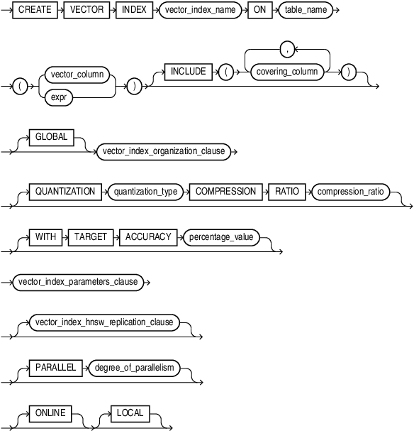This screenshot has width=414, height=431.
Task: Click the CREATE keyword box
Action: (x=35, y=10)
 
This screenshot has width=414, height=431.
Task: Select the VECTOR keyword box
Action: (x=86, y=10)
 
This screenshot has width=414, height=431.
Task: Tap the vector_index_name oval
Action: (x=200, y=10)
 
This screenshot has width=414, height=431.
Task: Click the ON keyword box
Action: (x=259, y=10)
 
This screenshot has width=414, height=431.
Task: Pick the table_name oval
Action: (x=306, y=10)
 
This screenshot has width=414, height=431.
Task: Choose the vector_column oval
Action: (x=77, y=75)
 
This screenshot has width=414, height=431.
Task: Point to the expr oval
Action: (x=59, y=97)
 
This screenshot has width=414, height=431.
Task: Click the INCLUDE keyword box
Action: (x=188, y=72)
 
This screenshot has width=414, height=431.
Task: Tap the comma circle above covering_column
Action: (x=287, y=50)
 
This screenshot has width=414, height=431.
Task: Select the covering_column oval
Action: (x=287, y=72)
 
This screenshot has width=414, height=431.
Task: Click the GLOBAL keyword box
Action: (x=51, y=137)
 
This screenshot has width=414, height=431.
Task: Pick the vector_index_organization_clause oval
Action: (x=164, y=151)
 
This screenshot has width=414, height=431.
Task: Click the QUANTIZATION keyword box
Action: (x=65, y=192)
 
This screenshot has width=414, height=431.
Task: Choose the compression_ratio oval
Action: (x=351, y=192)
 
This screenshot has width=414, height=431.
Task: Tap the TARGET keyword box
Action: (x=91, y=237)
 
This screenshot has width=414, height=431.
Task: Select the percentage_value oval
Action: (x=221, y=237)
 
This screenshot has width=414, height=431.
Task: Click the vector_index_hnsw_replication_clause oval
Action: (x=104, y=322)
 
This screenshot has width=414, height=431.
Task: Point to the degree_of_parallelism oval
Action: (x=134, y=368)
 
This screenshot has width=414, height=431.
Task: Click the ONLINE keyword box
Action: (x=50, y=413)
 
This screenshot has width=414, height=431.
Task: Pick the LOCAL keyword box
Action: (x=130, y=413)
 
